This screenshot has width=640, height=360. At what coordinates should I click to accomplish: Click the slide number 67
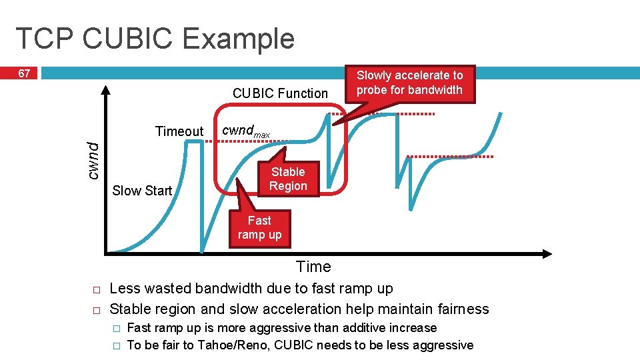point(23,73)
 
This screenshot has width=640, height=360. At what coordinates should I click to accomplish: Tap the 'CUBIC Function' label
point(280,93)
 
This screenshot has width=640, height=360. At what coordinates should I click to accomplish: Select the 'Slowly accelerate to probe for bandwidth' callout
point(409,83)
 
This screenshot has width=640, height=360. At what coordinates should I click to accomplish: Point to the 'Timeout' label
point(179,131)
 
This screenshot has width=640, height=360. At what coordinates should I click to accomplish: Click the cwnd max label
point(245,131)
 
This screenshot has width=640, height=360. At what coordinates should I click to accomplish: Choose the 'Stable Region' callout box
point(288,179)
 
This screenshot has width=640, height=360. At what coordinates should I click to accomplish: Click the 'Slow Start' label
point(142,191)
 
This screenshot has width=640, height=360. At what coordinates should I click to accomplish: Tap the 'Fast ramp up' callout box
point(259,227)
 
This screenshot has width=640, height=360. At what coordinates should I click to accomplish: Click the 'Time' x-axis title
point(313,267)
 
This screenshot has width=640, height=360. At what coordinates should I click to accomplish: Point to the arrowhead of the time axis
point(547,254)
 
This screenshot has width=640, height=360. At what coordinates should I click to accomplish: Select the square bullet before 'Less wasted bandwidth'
point(96,290)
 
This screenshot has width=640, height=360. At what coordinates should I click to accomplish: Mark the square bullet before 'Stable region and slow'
point(96,311)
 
